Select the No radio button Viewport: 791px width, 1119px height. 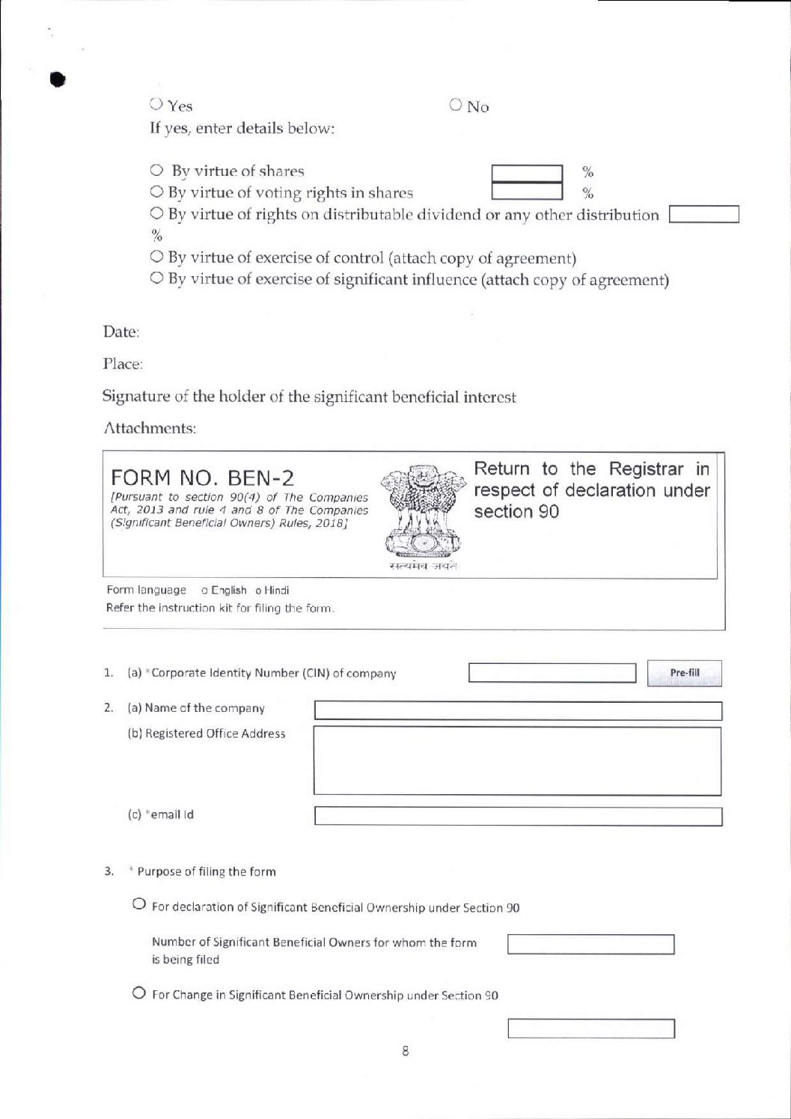(456, 106)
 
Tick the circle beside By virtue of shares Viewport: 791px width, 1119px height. (156, 171)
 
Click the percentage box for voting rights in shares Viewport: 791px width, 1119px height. (527, 193)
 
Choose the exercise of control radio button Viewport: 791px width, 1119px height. (156, 257)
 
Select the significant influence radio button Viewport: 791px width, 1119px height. (156, 279)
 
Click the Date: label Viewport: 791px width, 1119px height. (121, 332)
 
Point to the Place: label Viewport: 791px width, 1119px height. (123, 365)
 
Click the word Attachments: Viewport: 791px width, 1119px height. (149, 428)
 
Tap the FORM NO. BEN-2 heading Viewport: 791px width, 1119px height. (202, 478)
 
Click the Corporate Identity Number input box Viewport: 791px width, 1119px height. (552, 673)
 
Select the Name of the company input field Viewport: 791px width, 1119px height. (518, 710)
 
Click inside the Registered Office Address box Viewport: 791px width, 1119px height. (518, 760)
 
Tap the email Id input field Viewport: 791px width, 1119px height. (518, 816)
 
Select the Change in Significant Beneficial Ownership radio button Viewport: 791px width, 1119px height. (139, 993)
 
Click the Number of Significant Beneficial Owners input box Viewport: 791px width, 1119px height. (590, 945)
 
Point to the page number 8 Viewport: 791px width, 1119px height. (406, 1052)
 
